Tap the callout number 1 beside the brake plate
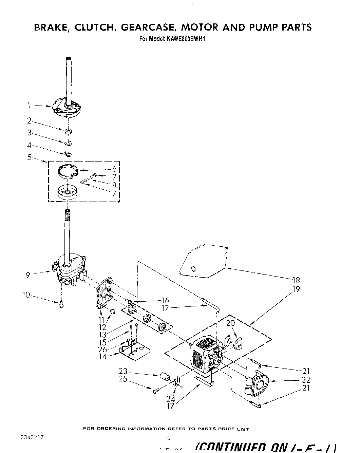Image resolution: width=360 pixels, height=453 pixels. point(30,106)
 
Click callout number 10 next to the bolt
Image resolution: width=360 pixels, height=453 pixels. point(26,296)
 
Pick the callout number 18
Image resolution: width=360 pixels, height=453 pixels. point(296,280)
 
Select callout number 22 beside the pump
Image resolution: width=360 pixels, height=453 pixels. point(306,380)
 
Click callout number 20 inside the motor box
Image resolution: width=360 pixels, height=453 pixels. point(231,323)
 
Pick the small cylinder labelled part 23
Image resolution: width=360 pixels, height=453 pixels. point(165,377)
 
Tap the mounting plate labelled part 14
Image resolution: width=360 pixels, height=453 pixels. point(136,351)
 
